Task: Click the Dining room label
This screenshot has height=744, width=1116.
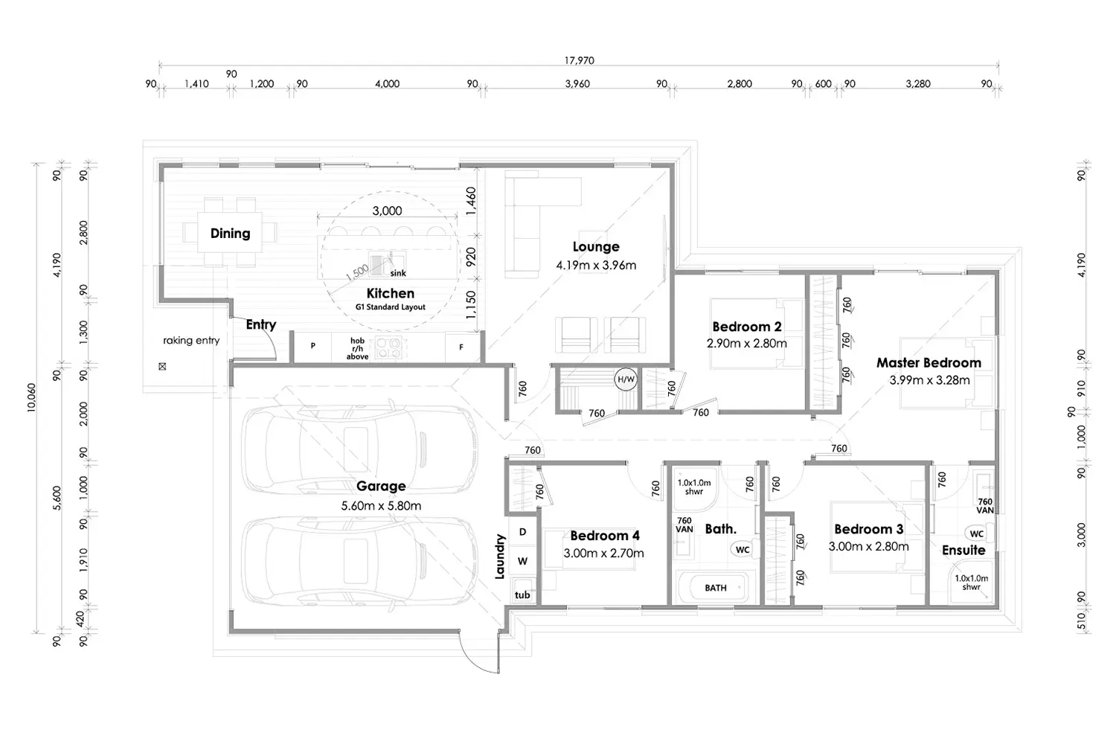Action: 230,234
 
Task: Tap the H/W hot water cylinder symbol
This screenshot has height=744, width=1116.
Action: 626,379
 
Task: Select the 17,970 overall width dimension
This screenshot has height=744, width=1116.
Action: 579,60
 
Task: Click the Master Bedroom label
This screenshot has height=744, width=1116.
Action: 929,363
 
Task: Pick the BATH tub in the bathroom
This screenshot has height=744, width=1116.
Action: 716,588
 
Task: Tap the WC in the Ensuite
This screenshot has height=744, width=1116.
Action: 976,533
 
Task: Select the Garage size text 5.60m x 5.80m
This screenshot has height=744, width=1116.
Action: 381,506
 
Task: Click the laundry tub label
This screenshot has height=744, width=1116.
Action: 522,594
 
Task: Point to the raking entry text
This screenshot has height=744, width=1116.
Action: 191,341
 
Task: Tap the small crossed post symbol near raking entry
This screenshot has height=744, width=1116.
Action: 162,366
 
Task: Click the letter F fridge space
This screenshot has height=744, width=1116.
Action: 461,347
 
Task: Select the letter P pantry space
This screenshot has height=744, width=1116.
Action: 313,346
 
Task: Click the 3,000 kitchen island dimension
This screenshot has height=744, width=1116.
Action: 387,211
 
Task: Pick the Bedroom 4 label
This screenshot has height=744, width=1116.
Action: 604,536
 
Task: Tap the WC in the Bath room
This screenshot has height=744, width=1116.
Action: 742,550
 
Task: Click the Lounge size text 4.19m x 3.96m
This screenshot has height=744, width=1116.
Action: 596,266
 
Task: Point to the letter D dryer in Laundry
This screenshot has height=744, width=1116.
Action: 522,532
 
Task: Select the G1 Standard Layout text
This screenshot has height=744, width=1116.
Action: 391,307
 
